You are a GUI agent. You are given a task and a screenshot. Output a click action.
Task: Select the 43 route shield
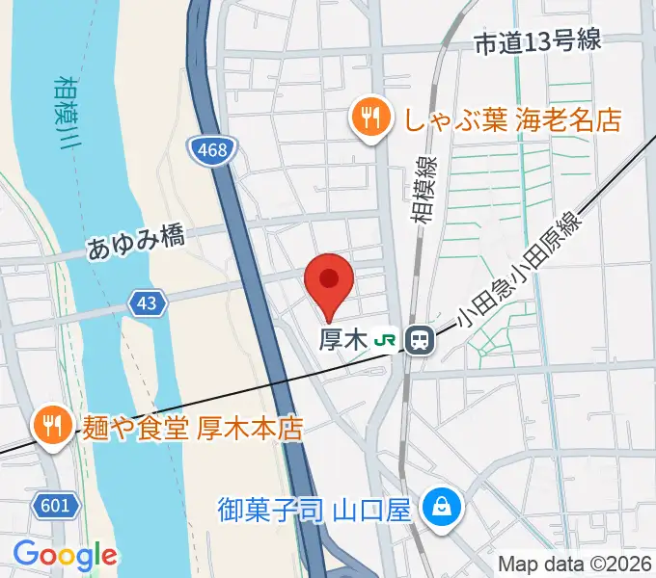(146, 302)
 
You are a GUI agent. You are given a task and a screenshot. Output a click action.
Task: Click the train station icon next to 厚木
(419, 339)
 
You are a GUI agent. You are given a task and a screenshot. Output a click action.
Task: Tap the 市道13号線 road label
(538, 40)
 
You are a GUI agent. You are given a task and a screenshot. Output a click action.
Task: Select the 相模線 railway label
(424, 191)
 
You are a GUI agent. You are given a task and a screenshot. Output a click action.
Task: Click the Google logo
(65, 555)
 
